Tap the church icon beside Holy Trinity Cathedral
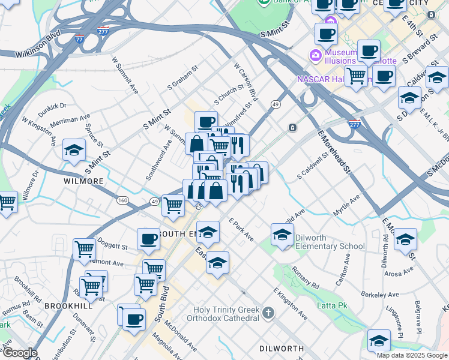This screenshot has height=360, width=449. pos(268,313)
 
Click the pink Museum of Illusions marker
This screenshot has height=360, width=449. pos(316,56)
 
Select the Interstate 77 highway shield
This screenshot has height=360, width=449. pos(79,38)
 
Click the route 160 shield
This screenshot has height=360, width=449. pos(122,200)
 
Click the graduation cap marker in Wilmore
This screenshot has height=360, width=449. pos(74,150)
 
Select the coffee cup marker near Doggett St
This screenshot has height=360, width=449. pos(148,239)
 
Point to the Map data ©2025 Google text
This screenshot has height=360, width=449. pos(411,355)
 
